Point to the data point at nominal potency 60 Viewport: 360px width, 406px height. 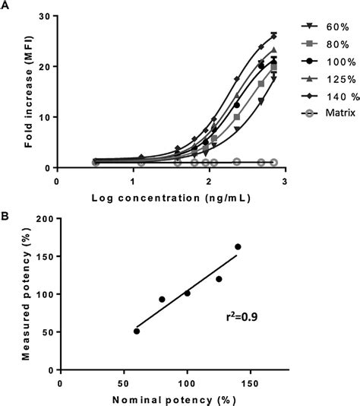point(136,331)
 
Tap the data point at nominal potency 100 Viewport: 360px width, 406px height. point(187,293)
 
